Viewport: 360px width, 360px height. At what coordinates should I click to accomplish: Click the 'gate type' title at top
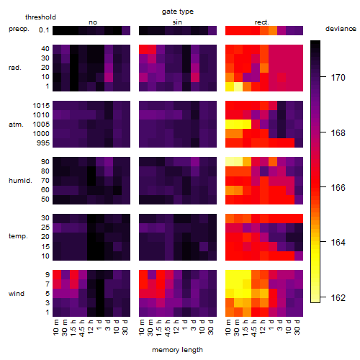point(178,12)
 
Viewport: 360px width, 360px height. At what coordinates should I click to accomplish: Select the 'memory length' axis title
point(177,350)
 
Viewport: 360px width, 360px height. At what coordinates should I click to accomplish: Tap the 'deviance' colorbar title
point(341,29)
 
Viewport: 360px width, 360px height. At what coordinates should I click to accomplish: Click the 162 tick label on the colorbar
point(338,298)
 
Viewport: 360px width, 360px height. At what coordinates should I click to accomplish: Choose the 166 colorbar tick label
point(338,187)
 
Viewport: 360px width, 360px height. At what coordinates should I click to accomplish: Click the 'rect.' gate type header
point(262,22)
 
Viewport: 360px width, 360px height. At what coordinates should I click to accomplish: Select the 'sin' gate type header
point(177,22)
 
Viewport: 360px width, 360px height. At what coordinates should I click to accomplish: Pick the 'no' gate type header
point(93,22)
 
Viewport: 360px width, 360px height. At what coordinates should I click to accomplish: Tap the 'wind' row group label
point(17,294)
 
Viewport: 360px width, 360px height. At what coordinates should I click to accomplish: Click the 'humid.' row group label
point(20,181)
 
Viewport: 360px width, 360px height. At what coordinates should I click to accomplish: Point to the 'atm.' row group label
point(16,125)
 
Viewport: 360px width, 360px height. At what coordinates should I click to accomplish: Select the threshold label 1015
point(41,106)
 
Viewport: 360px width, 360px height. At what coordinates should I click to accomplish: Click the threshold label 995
point(43,143)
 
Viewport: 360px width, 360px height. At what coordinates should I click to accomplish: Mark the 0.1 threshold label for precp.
point(44,30)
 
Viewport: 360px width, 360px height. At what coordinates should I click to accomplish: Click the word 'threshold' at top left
point(40,17)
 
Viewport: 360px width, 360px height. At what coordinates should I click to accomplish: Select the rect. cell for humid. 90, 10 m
point(230,162)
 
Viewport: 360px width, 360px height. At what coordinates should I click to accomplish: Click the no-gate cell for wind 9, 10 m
point(57,275)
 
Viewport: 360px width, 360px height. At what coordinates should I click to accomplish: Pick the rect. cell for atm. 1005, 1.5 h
point(247,125)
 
